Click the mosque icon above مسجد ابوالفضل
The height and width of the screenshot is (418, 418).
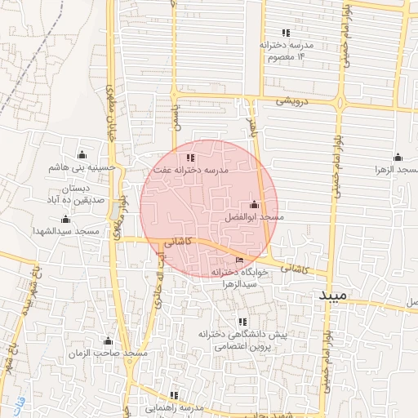(x=254, y=205)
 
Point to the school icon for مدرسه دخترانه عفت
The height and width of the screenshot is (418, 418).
(x=191, y=158)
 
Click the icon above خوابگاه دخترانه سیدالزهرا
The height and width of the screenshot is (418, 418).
(x=238, y=260)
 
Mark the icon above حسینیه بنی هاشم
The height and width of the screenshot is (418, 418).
(x=82, y=154)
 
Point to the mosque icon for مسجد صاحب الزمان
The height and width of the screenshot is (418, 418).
(x=107, y=340)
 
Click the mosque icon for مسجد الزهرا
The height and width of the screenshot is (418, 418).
(x=398, y=157)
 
